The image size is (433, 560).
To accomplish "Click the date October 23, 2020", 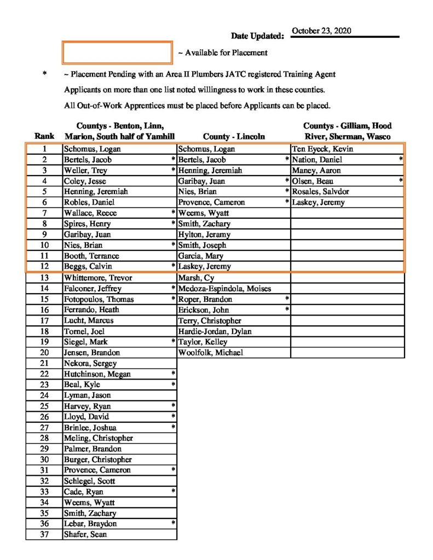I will coord(322,31).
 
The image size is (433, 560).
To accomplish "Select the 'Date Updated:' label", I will coord(257,36).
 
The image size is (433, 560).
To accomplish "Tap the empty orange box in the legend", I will coord(118,52).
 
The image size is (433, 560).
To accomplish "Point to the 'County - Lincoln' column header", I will coord(234,136).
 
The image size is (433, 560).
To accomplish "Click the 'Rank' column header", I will coord(44,136).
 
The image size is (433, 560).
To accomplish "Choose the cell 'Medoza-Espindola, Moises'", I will coord(224,288).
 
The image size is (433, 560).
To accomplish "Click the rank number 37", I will coord(44,534).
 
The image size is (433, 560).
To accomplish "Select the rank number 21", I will coord(44,363).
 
